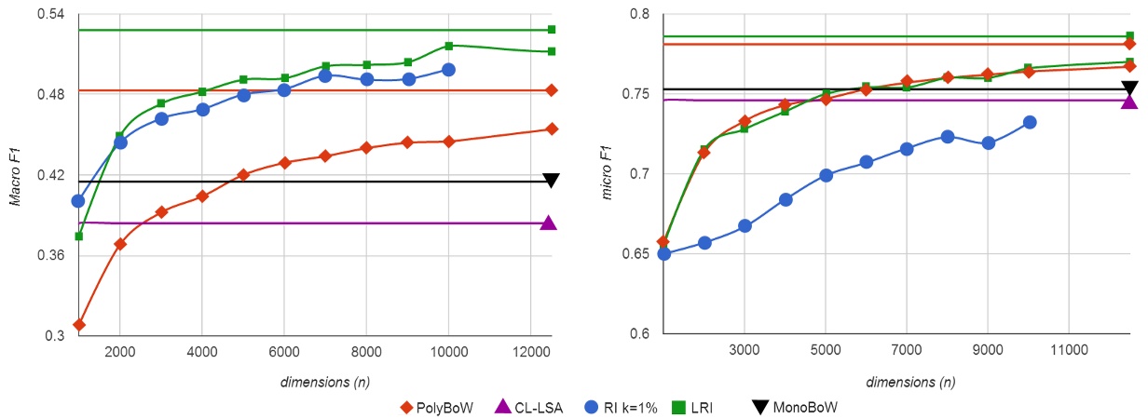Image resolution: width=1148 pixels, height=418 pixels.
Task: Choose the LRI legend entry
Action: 693,407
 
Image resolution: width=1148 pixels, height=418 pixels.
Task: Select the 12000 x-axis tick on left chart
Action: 530,351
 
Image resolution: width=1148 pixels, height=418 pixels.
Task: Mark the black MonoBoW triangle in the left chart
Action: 551,181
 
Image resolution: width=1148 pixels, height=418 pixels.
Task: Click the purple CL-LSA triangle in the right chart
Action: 1129,101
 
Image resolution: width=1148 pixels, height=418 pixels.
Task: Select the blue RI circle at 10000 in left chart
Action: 448,70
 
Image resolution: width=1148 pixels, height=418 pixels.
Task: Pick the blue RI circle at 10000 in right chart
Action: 1029,122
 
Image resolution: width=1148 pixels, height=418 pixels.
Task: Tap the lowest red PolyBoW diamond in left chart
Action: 79,325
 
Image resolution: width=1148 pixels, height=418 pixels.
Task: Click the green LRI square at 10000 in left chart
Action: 448,46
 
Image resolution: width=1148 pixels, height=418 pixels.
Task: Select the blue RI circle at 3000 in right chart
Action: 745,226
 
